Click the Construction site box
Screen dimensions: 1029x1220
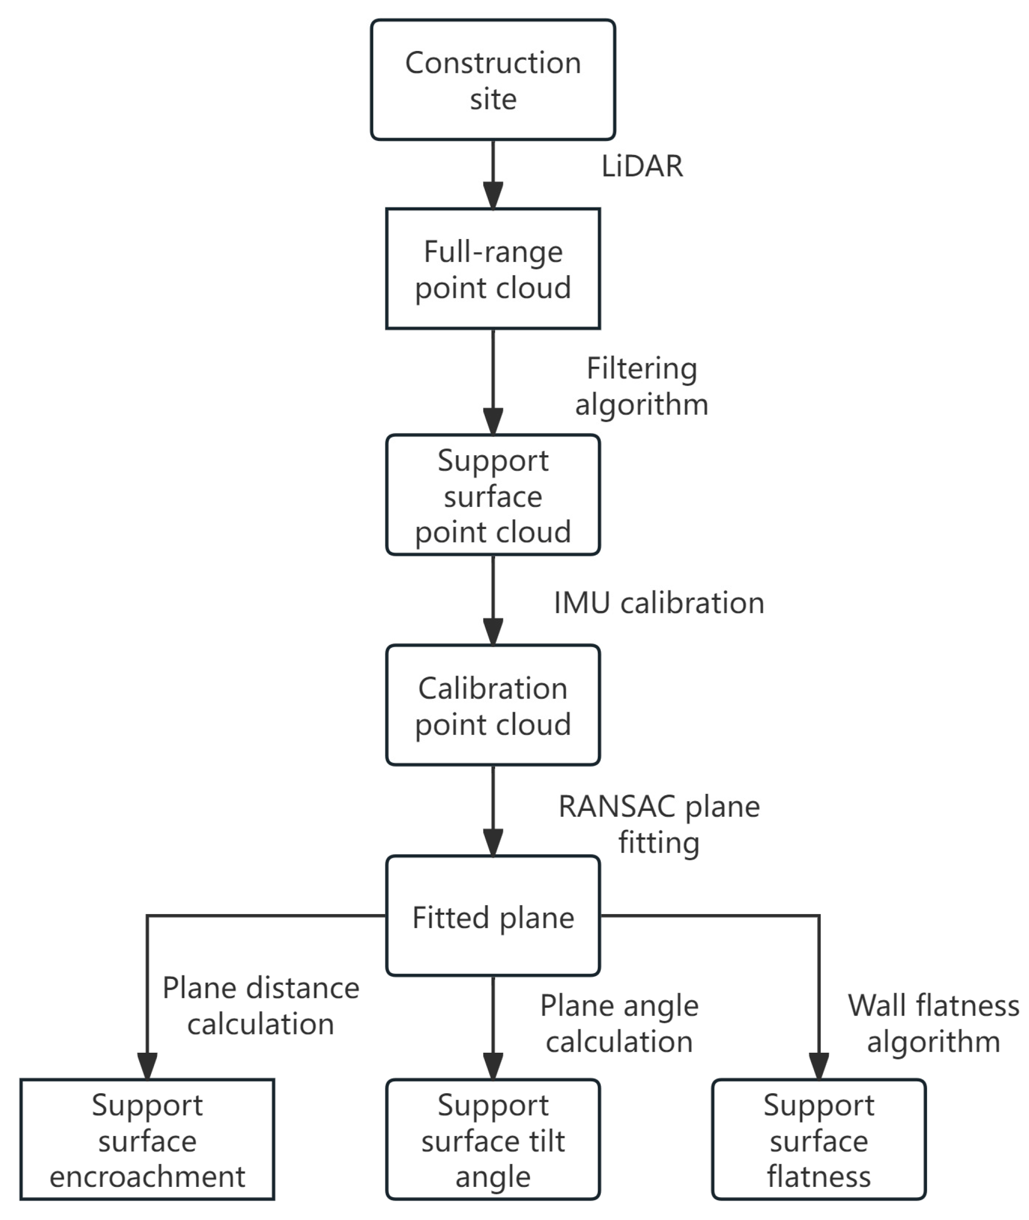coord(493,80)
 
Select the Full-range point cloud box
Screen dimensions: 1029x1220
coord(493,269)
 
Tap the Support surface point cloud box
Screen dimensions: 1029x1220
coord(493,495)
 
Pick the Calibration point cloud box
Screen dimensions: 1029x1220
coord(493,705)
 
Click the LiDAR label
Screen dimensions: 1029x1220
coord(642,167)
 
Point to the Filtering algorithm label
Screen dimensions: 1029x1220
coord(642,387)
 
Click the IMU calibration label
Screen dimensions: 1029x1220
coord(659,603)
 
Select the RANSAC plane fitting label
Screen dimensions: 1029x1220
coord(659,825)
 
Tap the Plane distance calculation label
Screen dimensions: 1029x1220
coord(261,1007)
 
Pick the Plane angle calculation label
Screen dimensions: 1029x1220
coord(619,1024)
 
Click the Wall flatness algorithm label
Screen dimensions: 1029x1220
coord(933,1024)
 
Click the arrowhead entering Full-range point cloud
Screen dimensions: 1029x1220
coord(493,195)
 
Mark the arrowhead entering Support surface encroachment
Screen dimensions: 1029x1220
coord(147,1066)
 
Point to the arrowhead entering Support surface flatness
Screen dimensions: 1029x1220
coord(819,1066)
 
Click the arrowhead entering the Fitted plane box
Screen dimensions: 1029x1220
coord(493,843)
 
